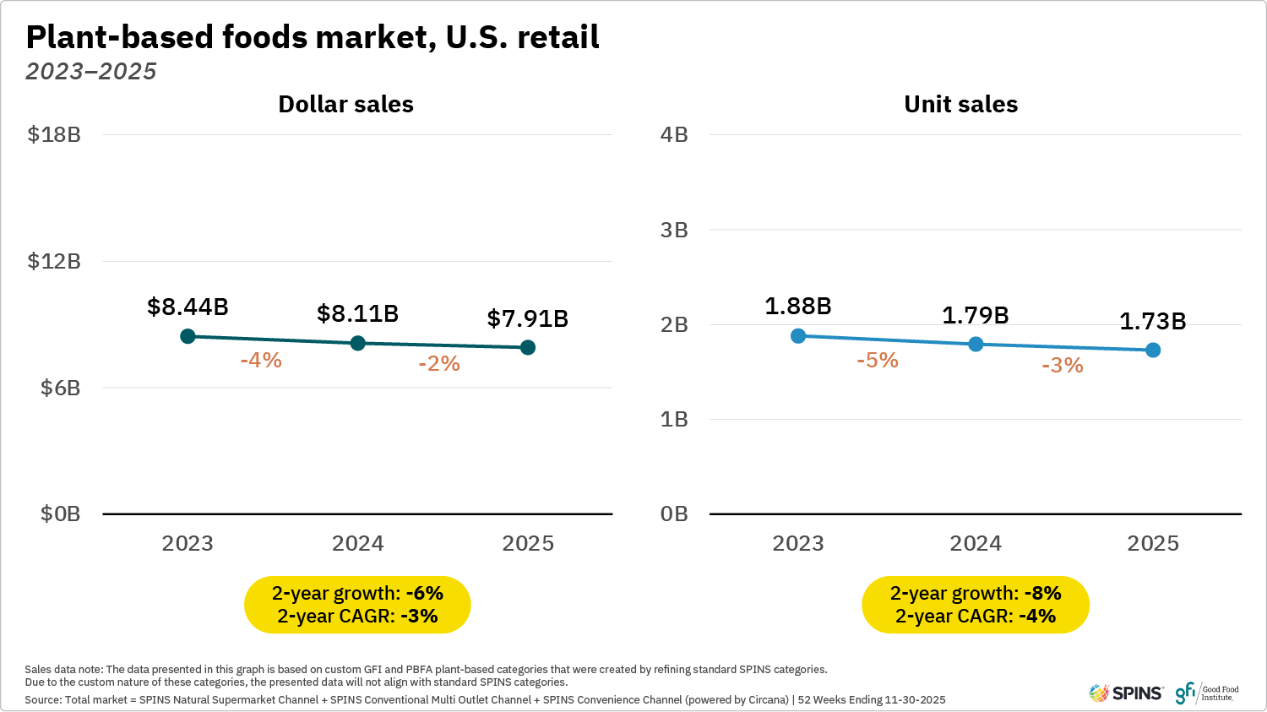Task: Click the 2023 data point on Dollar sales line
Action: (188, 336)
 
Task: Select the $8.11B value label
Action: (357, 313)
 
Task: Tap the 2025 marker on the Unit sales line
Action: (1153, 350)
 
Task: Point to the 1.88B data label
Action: (797, 306)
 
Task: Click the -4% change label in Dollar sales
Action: (261, 360)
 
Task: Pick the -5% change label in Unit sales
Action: (877, 360)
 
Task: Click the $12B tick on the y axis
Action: (54, 261)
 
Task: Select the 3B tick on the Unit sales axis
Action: (674, 230)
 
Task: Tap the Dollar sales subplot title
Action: (345, 104)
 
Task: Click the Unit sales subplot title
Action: (960, 104)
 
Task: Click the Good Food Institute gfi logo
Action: (1207, 693)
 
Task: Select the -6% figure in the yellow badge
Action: (424, 593)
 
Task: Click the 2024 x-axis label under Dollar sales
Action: (357, 543)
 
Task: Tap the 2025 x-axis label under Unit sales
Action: (1153, 543)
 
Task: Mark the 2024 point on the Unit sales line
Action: (976, 344)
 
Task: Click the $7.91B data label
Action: (527, 318)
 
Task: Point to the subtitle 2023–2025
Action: (91, 71)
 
